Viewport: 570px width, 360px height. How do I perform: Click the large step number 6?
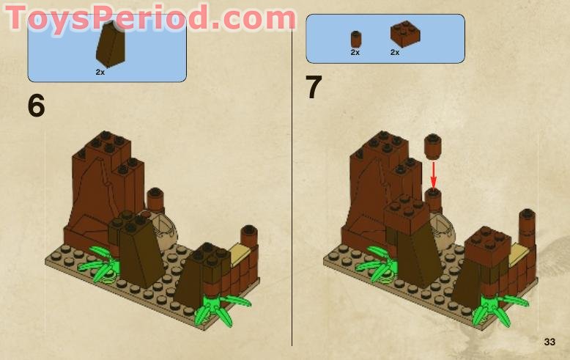37,106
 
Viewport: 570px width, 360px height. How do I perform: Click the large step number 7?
314,88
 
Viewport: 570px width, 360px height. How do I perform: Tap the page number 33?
549,342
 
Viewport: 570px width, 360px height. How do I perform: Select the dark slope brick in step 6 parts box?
112,44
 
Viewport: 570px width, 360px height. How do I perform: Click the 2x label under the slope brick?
100,72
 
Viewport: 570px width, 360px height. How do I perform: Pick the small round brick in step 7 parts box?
356,39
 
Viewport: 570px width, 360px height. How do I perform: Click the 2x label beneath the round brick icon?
355,53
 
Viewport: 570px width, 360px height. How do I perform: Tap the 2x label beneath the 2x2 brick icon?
395,53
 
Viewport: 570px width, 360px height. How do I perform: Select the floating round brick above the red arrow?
432,146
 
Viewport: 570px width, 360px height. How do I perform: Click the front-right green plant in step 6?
218,304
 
